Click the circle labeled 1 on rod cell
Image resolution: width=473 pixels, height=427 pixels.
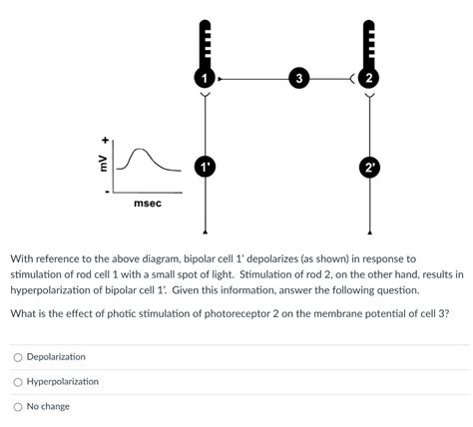point(205,78)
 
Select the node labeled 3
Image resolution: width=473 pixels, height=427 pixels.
point(299,79)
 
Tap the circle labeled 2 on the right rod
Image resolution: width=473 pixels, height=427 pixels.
point(369,78)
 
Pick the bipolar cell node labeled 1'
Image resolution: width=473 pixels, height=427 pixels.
point(205,167)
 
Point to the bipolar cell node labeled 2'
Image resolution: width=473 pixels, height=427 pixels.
point(369,167)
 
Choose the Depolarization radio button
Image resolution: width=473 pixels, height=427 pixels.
point(18,357)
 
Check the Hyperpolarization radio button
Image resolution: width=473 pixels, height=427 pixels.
point(18,382)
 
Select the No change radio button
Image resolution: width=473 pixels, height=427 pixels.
point(18,407)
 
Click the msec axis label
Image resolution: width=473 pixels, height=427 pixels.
point(148,204)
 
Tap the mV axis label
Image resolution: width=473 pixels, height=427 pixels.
point(105,164)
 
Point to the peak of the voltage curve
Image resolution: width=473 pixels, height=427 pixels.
point(140,149)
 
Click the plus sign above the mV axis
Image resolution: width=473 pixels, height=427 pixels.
point(106,140)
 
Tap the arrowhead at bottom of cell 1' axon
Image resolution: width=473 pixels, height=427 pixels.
point(205,231)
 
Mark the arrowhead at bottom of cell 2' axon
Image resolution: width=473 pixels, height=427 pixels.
point(369,231)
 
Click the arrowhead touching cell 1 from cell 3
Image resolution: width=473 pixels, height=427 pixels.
point(220,79)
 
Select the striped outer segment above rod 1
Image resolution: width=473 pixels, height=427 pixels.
point(205,44)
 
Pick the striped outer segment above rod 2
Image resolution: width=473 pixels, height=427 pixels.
point(369,44)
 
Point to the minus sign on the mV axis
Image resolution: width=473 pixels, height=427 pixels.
point(106,192)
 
